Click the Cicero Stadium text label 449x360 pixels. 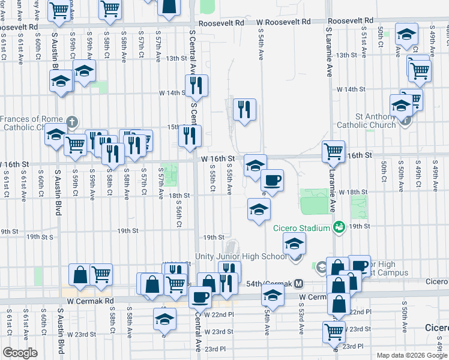(x=302, y=227)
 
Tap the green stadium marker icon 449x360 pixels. (x=339, y=227)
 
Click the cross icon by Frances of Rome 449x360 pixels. (x=71, y=122)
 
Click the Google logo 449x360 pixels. (x=19, y=353)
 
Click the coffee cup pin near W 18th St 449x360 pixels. (x=272, y=180)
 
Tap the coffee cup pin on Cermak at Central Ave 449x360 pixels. (x=200, y=296)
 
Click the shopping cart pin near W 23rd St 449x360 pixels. (x=334, y=331)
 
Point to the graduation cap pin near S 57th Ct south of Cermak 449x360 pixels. (x=164, y=319)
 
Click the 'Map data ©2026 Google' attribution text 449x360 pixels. (x=412, y=355)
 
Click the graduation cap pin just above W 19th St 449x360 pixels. (x=259, y=209)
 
